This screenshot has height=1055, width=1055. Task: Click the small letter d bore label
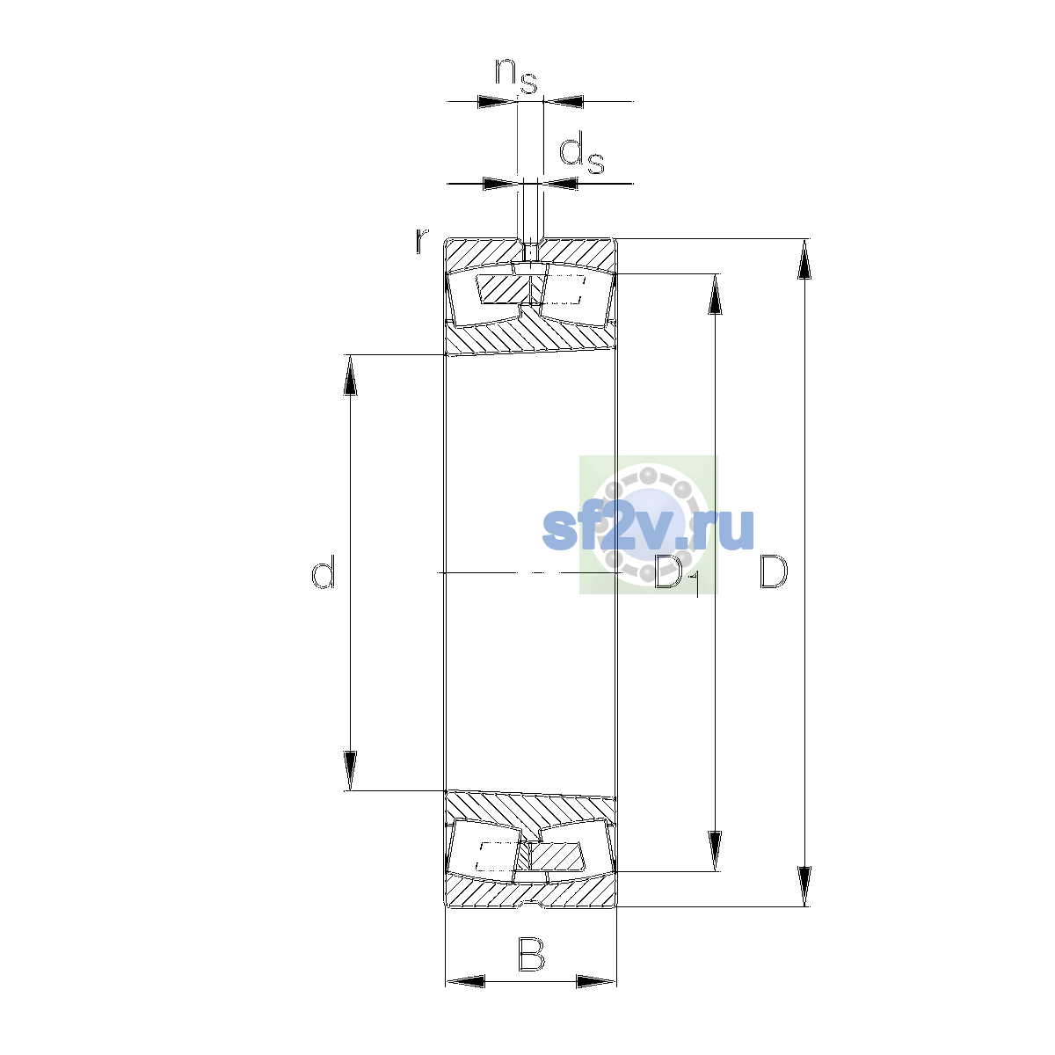(x=323, y=571)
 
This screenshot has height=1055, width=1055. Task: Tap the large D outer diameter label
(x=774, y=571)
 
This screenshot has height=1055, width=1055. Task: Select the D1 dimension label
(x=677, y=574)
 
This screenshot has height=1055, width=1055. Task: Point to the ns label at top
(x=516, y=76)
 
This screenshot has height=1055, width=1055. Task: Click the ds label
(x=581, y=155)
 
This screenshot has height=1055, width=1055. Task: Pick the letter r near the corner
(x=421, y=242)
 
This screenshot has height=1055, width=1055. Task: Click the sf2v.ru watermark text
(x=648, y=529)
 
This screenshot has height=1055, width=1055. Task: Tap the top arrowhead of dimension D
(x=804, y=259)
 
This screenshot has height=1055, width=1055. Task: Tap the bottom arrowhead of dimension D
(x=804, y=886)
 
